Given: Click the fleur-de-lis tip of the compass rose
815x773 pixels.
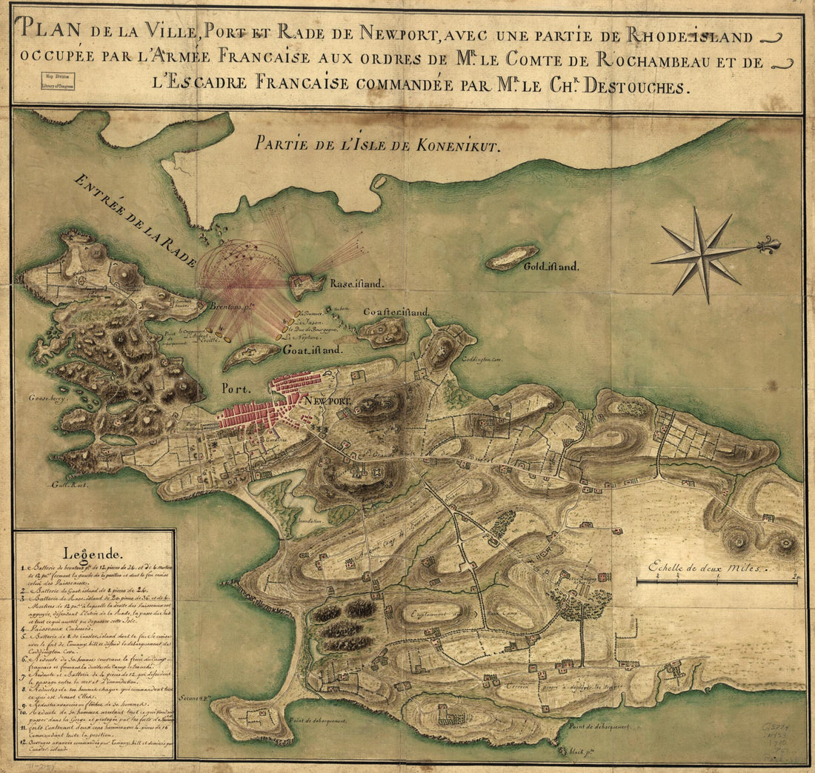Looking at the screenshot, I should click(771, 244).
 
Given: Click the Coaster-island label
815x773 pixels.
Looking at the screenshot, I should click(396, 313).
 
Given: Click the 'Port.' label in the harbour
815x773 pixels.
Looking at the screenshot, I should click(236, 387).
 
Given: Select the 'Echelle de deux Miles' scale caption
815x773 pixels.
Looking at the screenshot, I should click(708, 569).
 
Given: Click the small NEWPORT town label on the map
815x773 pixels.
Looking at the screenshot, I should click(328, 400).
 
